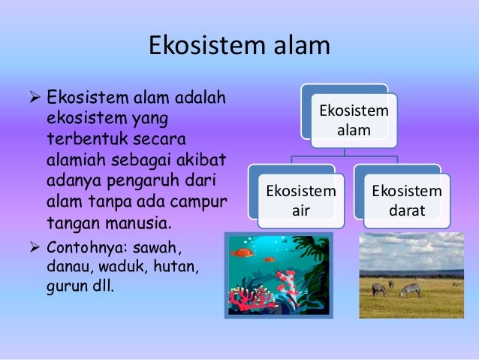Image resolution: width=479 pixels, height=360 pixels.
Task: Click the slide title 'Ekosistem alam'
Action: (x=239, y=45)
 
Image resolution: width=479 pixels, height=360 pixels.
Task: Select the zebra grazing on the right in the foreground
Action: (x=410, y=289)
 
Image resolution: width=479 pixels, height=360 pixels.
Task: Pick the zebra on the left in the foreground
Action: (x=380, y=289)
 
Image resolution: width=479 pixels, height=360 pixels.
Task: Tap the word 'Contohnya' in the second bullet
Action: (x=79, y=247)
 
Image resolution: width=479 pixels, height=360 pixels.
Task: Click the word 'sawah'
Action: (x=160, y=247)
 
